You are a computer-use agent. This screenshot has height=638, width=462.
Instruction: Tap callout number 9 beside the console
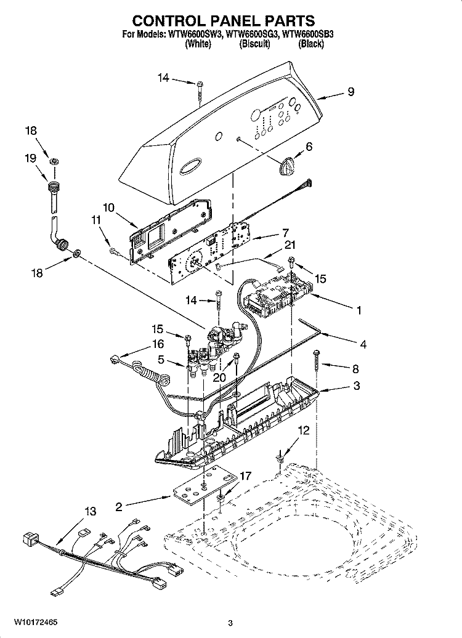[x=351, y=92]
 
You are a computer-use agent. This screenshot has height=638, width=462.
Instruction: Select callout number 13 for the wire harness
[x=91, y=511]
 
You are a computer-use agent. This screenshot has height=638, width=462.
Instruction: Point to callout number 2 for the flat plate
[x=118, y=507]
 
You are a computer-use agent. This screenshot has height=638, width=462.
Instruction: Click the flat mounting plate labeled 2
[x=204, y=487]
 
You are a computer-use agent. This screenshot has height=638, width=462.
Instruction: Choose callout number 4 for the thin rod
[x=363, y=344]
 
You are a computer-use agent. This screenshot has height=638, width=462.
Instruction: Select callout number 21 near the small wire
[x=290, y=245]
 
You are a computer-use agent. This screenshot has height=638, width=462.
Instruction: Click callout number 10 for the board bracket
[x=108, y=208]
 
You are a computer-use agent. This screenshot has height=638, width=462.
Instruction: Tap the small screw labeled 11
[x=113, y=252]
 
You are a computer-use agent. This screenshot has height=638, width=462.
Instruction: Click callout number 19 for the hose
[x=31, y=158]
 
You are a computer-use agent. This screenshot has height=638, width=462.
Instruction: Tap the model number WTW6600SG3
[x=252, y=34]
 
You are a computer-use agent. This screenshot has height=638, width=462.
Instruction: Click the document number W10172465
[x=35, y=622]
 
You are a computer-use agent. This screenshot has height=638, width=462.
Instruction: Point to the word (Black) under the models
[x=311, y=44]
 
